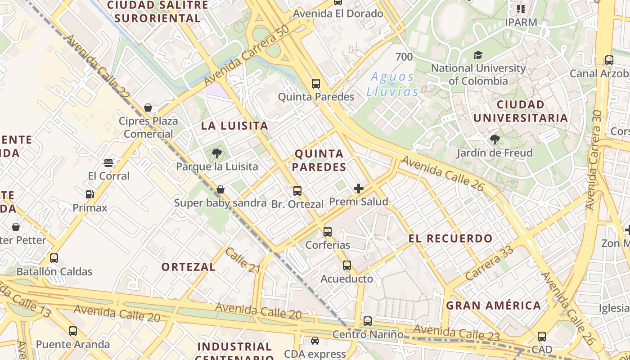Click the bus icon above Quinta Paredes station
click(316, 83)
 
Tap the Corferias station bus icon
click(328, 232)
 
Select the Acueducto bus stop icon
click(346, 265)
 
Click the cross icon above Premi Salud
click(359, 189)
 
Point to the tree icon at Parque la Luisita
click(216, 153)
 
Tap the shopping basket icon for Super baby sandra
click(220, 189)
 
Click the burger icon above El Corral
click(108, 162)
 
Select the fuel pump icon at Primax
click(90, 194)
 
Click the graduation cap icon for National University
click(478, 55)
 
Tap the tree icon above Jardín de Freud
click(495, 139)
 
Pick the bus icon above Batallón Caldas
click(54, 258)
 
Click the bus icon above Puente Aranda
click(73, 331)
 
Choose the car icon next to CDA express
click(315, 341)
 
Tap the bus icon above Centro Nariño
click(368, 321)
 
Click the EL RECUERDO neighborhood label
click(450, 238)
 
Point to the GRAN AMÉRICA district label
click(493, 306)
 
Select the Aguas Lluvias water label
click(392, 84)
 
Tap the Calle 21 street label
click(243, 261)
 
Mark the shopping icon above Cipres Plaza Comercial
click(148, 108)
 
